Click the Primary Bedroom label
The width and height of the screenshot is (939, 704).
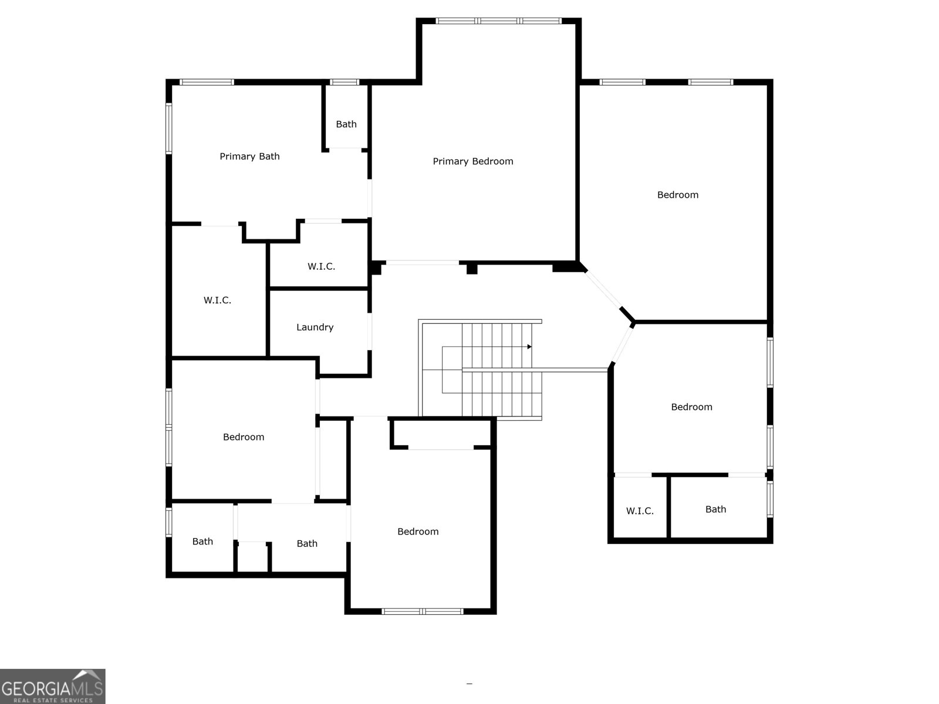(x=472, y=161)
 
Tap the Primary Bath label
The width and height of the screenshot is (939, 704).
(x=249, y=156)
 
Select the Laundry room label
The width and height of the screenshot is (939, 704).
(x=315, y=327)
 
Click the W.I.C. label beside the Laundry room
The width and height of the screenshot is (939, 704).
(x=217, y=300)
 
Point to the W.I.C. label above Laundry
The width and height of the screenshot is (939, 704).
(x=321, y=266)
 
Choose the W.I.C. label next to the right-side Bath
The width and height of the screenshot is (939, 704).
(x=640, y=511)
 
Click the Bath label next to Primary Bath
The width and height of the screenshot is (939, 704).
(x=346, y=124)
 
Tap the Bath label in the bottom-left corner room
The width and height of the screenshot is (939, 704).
(x=202, y=541)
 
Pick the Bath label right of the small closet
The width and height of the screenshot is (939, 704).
(x=307, y=544)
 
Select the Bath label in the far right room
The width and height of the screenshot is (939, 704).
(x=715, y=509)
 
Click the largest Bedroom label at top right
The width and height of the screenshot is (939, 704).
(x=678, y=195)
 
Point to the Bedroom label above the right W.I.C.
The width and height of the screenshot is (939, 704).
(x=691, y=407)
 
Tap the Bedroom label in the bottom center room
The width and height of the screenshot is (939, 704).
(x=418, y=532)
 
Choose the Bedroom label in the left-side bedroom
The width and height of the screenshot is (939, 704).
(x=244, y=437)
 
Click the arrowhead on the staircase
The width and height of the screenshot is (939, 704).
(x=529, y=347)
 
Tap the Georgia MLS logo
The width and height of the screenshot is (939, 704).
(x=53, y=686)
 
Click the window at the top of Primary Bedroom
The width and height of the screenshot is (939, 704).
(x=499, y=21)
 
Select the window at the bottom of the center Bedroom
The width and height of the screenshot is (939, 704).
(x=423, y=611)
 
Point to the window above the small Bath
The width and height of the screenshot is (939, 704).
(x=344, y=82)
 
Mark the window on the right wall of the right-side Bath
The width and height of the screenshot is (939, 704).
(x=770, y=499)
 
